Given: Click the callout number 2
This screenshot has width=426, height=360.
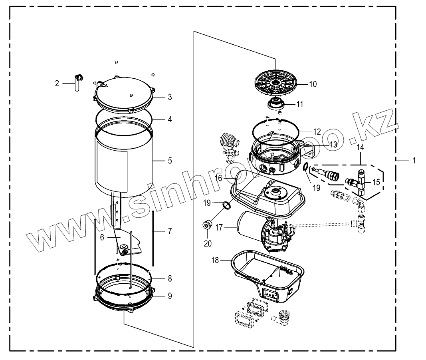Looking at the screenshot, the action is tap(57, 83).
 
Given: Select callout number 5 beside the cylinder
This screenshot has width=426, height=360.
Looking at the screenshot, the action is tap(170, 161).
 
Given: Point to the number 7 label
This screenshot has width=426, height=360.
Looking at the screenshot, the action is tap(170, 231).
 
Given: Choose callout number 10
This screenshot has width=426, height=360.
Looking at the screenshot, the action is tap(313, 84).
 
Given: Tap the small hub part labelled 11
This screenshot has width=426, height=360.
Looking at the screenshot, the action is tap(275, 104).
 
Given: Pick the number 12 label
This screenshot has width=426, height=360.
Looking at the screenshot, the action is tap(317, 131).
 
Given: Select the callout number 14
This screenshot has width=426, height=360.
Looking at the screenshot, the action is tap(360, 148).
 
